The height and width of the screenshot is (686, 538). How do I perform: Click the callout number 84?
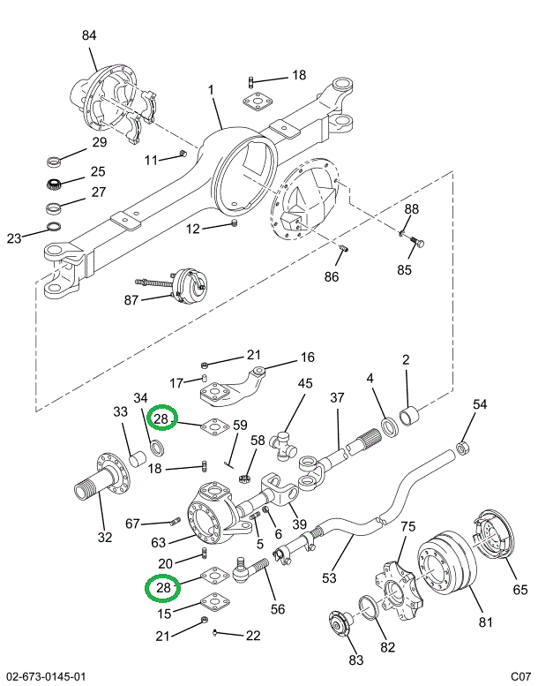point(89,35)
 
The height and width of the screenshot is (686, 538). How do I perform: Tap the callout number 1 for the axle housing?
point(212,90)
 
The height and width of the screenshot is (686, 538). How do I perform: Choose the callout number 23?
point(14,238)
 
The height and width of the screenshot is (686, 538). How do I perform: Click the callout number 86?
point(332,276)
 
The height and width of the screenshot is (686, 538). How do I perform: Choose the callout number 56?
point(278,608)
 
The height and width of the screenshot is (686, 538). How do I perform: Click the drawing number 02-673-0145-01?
point(45,676)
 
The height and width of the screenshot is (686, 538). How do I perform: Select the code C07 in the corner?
point(520,676)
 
